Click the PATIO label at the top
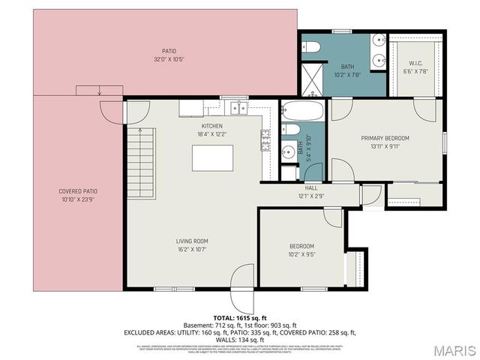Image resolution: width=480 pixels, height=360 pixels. pos(158,51)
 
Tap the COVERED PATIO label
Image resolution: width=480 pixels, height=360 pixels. pos(77,191)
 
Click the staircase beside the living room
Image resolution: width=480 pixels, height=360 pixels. pos(136,151)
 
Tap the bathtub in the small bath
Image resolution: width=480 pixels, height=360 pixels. pos(302,113)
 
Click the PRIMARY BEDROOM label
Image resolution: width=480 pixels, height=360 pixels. pos(385,138)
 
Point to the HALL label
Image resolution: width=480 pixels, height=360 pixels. pos(310,188)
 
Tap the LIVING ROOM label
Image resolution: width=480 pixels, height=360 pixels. pos(192,241)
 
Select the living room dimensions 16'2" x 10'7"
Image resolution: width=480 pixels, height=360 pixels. pos(192,249)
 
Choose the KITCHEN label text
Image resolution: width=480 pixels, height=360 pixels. pos(212,125)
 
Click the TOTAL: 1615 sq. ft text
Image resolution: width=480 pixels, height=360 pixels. pos(240,319)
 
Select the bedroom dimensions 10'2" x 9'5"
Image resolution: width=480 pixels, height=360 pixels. pos(301,254)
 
